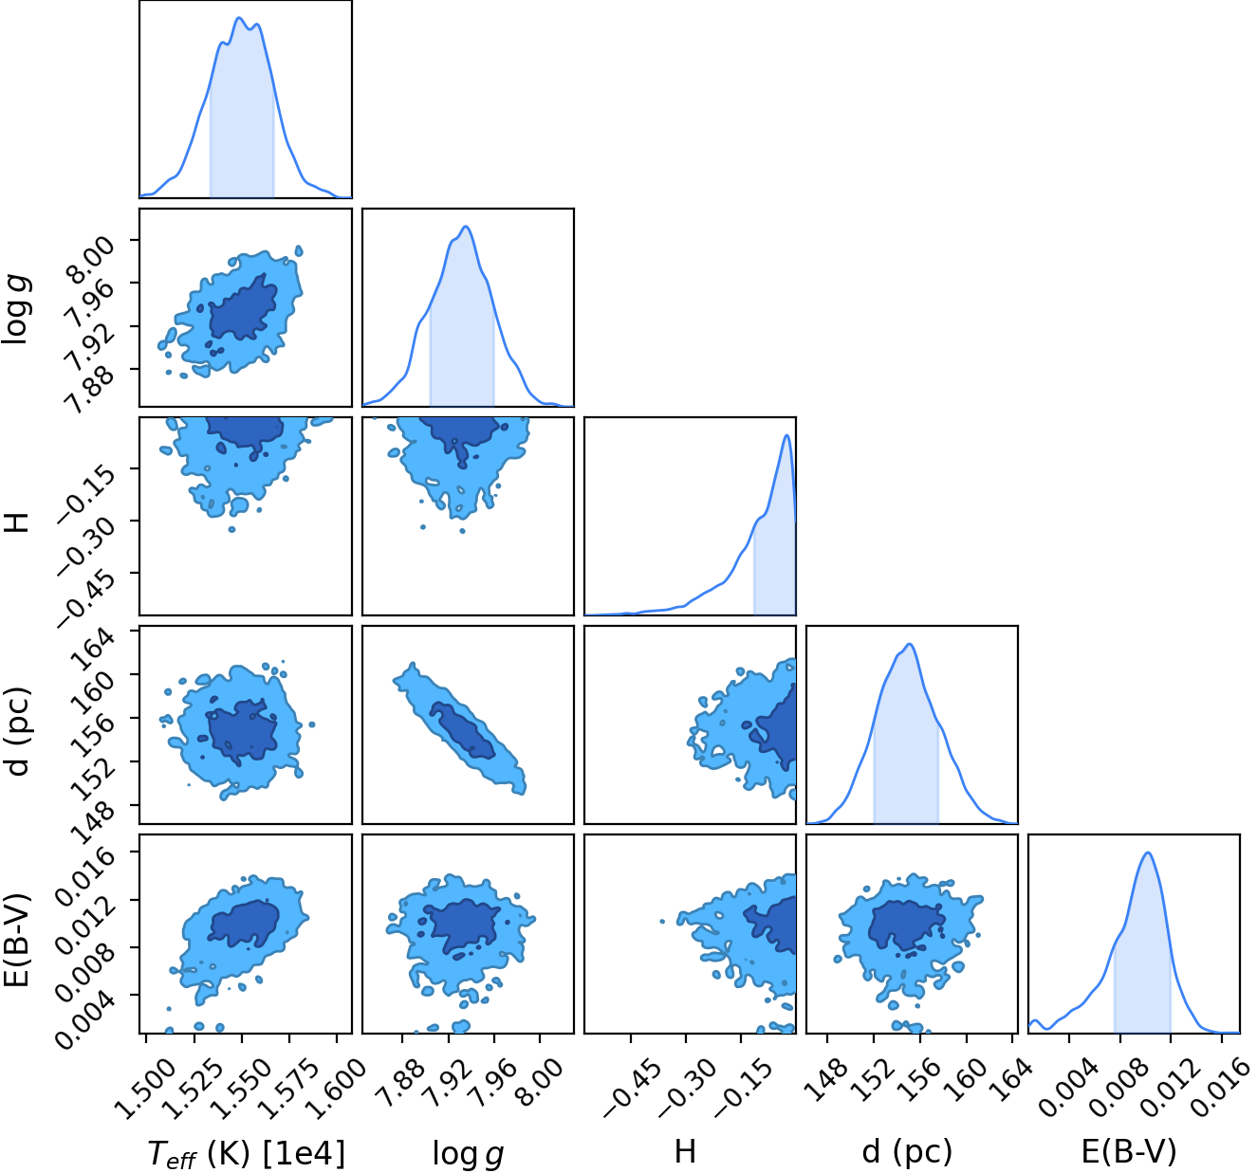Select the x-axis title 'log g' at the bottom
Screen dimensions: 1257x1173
[468, 1153]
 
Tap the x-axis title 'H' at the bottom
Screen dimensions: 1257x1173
[686, 1151]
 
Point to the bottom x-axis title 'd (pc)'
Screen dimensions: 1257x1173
[907, 1152]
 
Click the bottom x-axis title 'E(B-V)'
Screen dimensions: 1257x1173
[1129, 1152]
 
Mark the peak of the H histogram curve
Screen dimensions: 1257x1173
[786, 434]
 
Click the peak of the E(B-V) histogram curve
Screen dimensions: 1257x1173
[1148, 852]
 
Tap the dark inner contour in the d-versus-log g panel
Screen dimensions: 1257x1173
[462, 729]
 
